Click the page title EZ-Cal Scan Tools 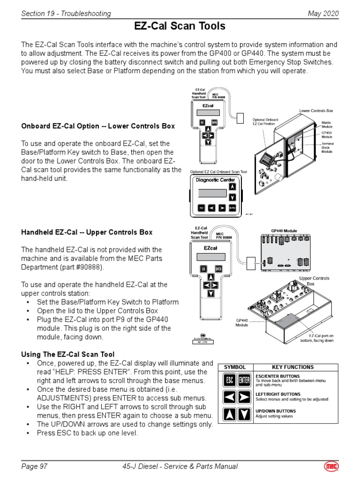tap(180, 26)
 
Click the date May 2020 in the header tap(322, 14)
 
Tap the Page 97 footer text tap(34, 466)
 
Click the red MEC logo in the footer tap(331, 466)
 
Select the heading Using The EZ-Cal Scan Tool tap(68, 354)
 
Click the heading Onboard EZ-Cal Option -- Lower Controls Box tap(98, 126)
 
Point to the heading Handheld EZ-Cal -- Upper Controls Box tap(87, 232)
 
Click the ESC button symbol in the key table tap(230, 380)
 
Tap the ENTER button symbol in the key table tap(244, 380)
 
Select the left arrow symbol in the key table tap(230, 397)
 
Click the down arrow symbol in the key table tap(244, 414)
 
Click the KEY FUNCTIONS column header tap(293, 367)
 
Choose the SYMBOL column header tap(235, 367)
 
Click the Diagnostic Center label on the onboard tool tap(215, 180)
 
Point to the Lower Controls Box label tap(316, 111)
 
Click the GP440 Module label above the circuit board tap(284, 231)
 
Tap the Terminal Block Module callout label tap(327, 148)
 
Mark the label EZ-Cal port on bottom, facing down tap(317, 338)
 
